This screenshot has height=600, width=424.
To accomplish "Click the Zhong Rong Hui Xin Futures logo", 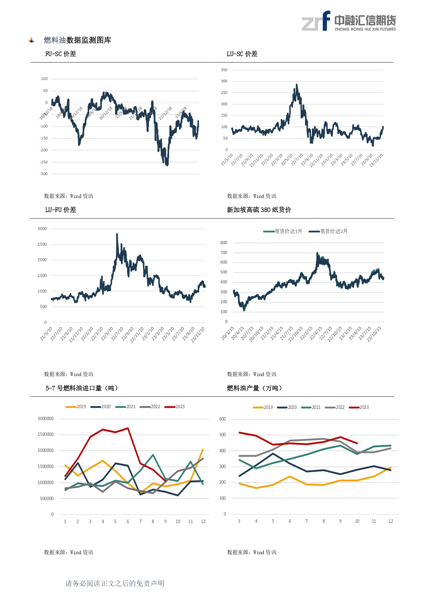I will pyautogui.click(x=348, y=21).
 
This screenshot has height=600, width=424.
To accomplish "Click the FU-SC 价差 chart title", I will pyautogui.click(x=60, y=54).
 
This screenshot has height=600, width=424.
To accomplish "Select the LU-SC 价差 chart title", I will pyautogui.click(x=242, y=54).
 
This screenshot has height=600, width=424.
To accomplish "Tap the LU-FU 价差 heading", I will pyautogui.click(x=60, y=210).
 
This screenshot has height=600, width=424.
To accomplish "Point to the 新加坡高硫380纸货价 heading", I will pyautogui.click(x=259, y=210).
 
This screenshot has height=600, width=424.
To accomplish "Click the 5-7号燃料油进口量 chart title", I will pyautogui.click(x=82, y=388).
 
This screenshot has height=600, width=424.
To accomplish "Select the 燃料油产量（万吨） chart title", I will pyautogui.click(x=255, y=388).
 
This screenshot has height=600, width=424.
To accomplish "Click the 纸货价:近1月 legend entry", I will pyautogui.click(x=283, y=231).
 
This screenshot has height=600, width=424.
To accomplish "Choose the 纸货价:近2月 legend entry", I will pyautogui.click(x=328, y=231).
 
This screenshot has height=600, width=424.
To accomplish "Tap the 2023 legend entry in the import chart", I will pyautogui.click(x=175, y=407).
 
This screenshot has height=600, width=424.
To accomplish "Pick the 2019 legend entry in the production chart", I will pyautogui.click(x=263, y=408).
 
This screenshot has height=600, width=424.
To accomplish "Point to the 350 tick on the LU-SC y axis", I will pyautogui.click(x=224, y=70).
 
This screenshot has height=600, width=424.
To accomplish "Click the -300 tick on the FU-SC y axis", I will pyautogui.click(x=44, y=174).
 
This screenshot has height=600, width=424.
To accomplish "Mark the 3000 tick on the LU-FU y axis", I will pyautogui.click(x=42, y=229).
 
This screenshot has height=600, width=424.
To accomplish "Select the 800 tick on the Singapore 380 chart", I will pyautogui.click(x=224, y=243).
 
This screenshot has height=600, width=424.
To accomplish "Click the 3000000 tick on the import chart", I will pyautogui.click(x=45, y=419).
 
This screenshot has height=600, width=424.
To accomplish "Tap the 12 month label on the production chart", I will pyautogui.click(x=391, y=521).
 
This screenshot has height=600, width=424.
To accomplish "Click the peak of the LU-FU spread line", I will pyautogui.click(x=117, y=234).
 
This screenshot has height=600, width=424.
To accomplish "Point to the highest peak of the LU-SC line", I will pyautogui.click(x=297, y=84).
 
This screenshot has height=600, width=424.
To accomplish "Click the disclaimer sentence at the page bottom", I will pyautogui.click(x=115, y=584).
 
